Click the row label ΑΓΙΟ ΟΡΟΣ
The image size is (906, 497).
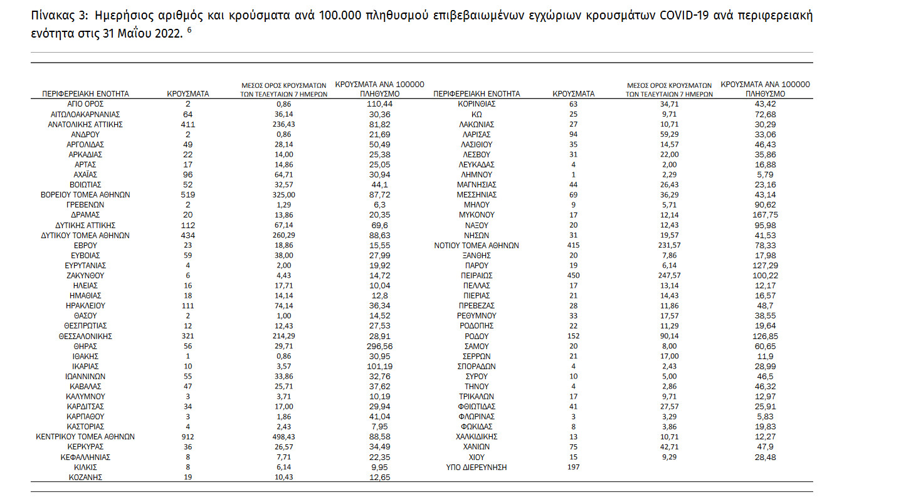click(x=85, y=104)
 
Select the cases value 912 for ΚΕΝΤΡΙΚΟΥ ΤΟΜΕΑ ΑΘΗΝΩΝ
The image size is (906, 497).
click(x=187, y=437)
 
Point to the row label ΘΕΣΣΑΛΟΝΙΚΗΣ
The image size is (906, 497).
click(x=85, y=336)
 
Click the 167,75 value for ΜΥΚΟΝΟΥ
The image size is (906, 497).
click(x=765, y=215)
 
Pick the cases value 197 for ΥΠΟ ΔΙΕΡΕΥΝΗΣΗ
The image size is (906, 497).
click(x=573, y=467)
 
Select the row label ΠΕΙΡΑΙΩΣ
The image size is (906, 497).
click(x=477, y=275)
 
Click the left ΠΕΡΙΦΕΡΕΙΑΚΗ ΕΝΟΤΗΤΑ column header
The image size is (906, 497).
click(x=85, y=94)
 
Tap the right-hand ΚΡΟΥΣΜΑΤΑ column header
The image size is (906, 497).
click(x=573, y=94)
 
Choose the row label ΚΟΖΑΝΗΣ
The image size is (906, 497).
click(x=85, y=477)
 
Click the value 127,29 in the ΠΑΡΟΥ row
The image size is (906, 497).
click(x=765, y=265)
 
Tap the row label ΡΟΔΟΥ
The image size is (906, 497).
click(x=477, y=336)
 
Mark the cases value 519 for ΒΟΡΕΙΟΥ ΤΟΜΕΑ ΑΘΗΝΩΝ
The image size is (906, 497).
click(x=187, y=195)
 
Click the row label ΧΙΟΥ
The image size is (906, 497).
click(x=477, y=457)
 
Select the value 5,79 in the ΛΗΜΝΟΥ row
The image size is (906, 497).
click(x=765, y=175)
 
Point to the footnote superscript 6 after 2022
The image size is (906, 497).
click(x=189, y=29)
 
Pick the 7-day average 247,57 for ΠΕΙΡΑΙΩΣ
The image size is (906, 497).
click(x=670, y=275)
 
